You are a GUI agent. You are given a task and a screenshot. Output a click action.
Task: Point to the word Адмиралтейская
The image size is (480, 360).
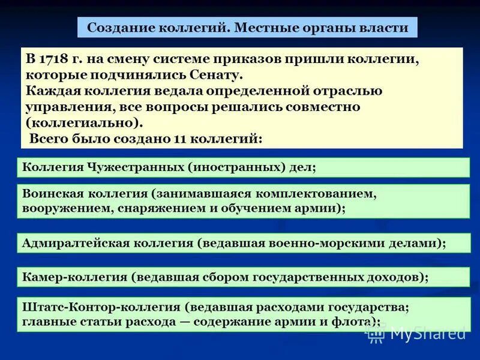tap(72, 243)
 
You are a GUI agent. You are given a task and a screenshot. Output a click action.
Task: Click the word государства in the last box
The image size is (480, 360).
tap(371, 307)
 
